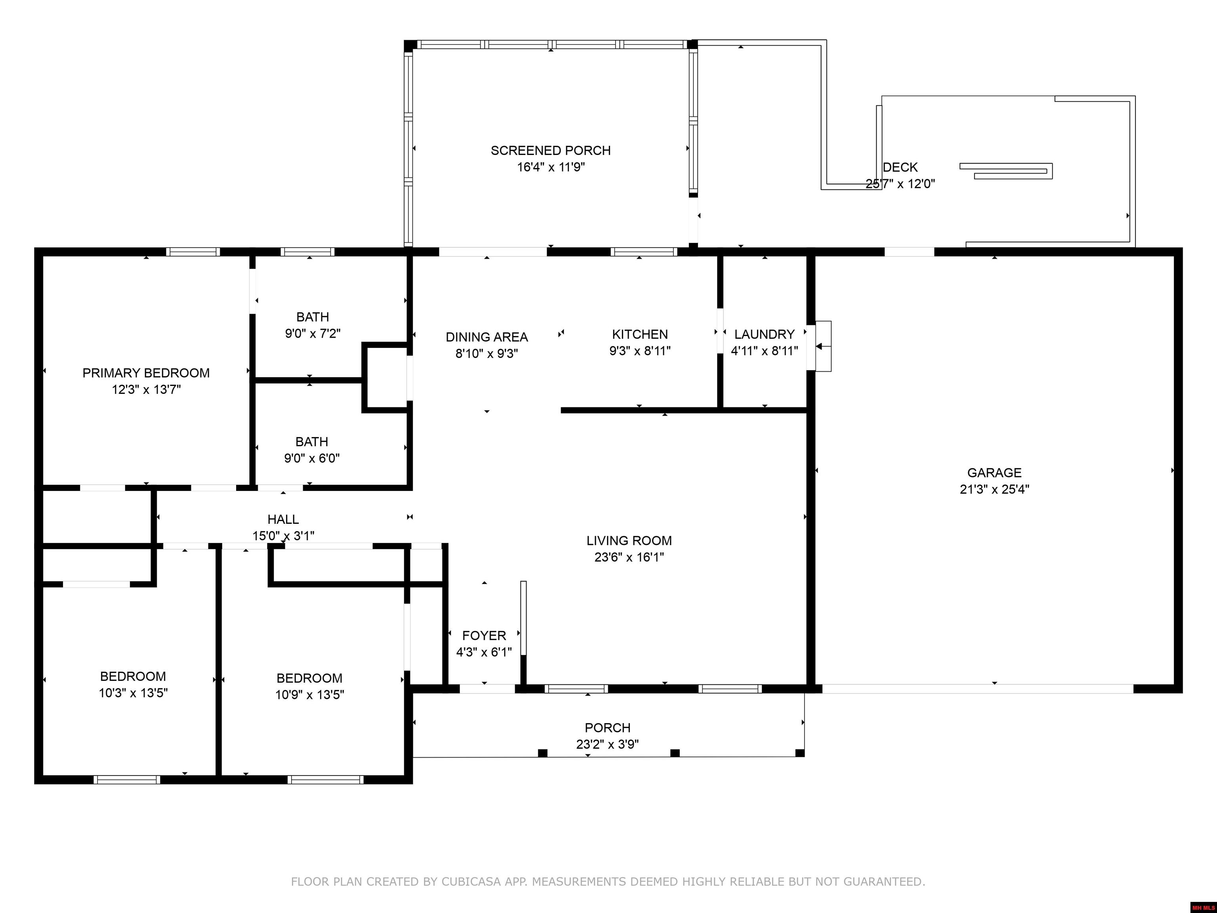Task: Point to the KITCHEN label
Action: point(640,334)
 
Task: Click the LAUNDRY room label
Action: point(764,334)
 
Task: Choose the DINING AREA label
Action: point(486,337)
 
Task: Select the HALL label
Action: point(283,519)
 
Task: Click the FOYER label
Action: point(484,636)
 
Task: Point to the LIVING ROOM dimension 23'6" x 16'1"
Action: point(629,557)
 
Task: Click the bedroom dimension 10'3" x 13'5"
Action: point(133,693)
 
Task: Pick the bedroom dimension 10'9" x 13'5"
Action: point(309,695)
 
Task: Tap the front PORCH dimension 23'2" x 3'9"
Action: point(607,744)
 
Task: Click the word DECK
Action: point(900,167)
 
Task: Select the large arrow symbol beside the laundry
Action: point(819,346)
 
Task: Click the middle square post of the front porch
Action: point(675,753)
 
